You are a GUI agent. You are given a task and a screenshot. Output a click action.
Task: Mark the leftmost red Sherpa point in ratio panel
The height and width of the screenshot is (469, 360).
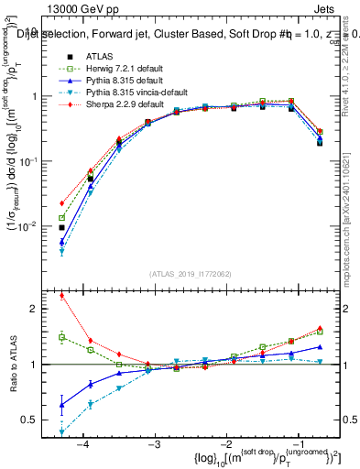[x=61, y=296]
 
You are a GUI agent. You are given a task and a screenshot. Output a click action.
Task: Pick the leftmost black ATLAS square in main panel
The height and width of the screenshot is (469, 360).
[x=61, y=227]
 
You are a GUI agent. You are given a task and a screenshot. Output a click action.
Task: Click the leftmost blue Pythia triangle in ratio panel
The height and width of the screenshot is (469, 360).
[x=61, y=404]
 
